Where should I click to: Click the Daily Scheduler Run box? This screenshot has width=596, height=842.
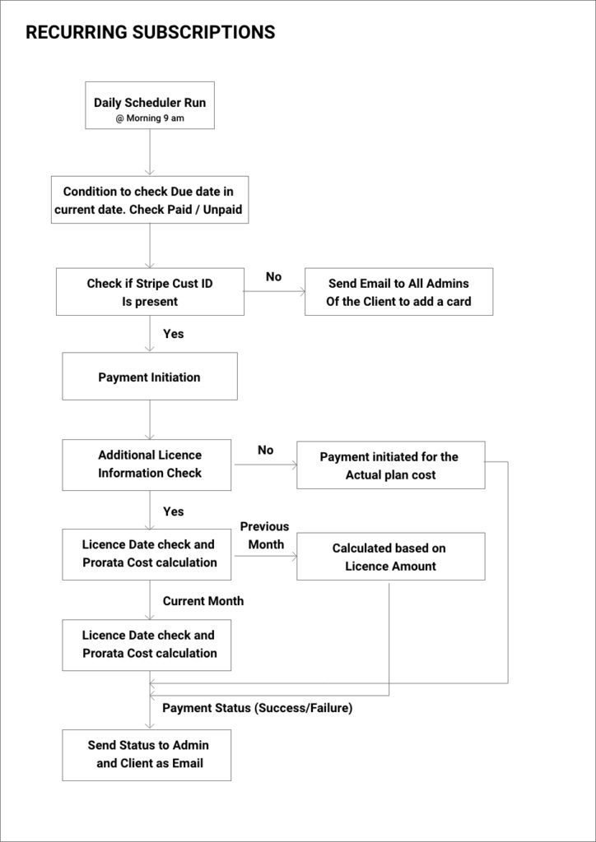(150, 105)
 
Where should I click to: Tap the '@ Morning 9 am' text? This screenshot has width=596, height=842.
(149, 118)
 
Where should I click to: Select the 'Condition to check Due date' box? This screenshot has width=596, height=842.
(151, 200)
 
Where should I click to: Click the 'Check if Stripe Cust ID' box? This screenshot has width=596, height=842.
(150, 292)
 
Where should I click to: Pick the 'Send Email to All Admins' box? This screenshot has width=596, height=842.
(398, 292)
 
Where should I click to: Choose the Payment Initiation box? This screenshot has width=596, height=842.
(149, 377)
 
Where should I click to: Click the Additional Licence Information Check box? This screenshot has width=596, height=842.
(147, 465)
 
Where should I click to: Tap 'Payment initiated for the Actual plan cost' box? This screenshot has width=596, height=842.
(391, 465)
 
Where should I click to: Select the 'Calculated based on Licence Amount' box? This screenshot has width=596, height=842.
(391, 557)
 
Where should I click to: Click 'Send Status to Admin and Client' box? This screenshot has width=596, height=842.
(147, 755)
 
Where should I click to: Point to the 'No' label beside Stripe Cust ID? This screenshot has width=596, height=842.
(273, 277)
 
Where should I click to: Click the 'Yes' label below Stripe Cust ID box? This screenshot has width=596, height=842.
(173, 334)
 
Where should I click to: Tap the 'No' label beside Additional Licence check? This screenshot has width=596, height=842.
(266, 450)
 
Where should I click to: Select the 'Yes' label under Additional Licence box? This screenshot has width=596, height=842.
(173, 511)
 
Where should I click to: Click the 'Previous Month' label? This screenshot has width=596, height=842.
(264, 535)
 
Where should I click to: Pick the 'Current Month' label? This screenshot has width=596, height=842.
(203, 601)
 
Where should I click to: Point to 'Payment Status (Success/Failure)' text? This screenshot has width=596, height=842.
(258, 708)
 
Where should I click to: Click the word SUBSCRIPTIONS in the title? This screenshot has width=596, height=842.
(201, 32)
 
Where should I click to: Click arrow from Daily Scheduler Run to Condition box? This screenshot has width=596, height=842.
(150, 152)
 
